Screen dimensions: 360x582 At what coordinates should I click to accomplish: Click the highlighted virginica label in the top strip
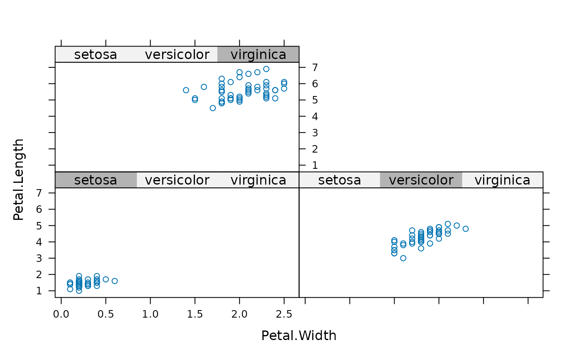[x=258, y=54]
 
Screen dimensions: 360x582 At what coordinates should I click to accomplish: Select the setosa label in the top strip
[x=95, y=54]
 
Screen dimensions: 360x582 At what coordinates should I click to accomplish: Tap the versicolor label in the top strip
[x=177, y=54]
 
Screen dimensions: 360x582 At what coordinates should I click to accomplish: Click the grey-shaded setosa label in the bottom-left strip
[x=95, y=180]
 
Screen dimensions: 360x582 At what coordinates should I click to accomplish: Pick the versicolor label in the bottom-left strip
[x=177, y=180]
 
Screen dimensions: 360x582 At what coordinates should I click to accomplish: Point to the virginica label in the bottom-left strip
[x=258, y=180]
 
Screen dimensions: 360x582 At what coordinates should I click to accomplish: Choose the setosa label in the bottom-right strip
[x=339, y=180]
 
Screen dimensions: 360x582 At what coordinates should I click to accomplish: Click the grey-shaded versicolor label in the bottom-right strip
[x=421, y=180]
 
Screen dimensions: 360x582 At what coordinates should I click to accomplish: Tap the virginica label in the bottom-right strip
[x=502, y=180]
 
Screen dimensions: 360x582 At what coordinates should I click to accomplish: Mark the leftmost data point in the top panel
[x=186, y=90]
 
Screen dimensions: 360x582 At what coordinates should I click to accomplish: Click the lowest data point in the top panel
[x=213, y=108]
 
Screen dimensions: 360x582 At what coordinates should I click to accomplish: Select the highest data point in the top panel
[x=266, y=69]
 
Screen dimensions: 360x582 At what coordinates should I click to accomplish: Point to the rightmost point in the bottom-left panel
[x=115, y=281]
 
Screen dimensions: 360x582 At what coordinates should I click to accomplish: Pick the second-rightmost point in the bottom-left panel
[x=106, y=279]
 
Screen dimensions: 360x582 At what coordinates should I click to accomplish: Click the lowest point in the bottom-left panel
[x=79, y=291]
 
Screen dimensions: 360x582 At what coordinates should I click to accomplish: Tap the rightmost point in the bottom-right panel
[x=466, y=229]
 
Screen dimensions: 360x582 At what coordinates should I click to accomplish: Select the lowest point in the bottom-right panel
[x=403, y=258]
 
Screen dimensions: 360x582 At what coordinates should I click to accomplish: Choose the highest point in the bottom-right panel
[x=448, y=224]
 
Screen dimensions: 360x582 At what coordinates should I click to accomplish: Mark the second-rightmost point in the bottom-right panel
[x=456, y=225]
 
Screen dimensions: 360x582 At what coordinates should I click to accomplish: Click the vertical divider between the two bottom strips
[x=299, y=180]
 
